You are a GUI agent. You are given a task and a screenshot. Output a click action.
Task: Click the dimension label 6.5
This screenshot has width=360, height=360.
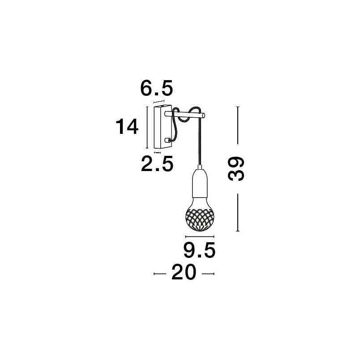(156, 88)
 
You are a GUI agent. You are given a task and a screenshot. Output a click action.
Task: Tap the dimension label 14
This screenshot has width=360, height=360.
(127, 126)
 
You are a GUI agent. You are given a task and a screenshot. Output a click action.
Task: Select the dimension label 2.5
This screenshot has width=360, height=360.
(157, 163)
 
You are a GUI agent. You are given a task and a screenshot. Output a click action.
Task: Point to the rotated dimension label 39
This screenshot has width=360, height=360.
(236, 169)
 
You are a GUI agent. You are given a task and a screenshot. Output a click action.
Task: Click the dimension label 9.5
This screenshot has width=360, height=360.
(199, 250)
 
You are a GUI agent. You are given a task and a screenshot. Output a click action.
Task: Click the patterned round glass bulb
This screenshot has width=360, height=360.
(200, 216)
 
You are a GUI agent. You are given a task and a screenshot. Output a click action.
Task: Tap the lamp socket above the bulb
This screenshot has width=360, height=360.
(200, 183)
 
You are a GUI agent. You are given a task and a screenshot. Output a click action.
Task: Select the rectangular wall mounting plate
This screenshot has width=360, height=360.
(163, 127)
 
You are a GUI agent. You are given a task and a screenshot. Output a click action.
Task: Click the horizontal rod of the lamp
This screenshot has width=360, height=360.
(184, 114)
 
